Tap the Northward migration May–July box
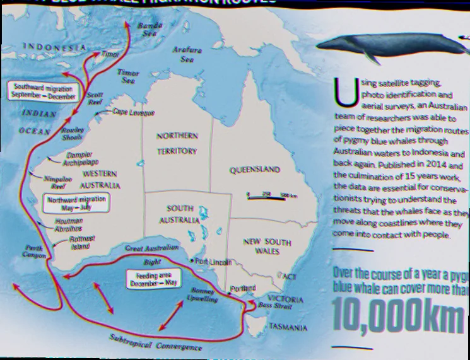pos(77,202)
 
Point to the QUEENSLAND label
pos(255,170)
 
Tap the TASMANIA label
pos(288,328)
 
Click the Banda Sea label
pos(150,29)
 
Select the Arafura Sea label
pos(187,54)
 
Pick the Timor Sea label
pos(129,77)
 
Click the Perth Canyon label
pos(34,252)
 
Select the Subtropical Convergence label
pos(156,343)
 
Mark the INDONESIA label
pos(54,47)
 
